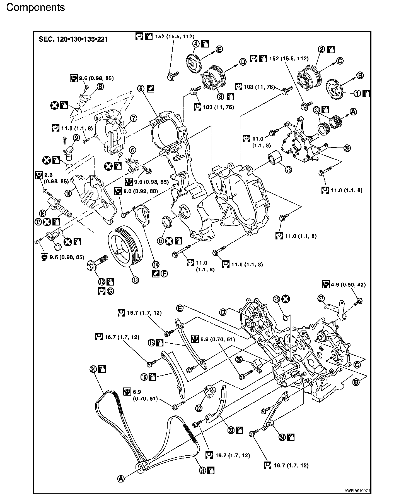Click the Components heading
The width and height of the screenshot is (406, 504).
[x=35, y=7]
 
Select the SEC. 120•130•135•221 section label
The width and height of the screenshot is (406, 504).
[x=73, y=39]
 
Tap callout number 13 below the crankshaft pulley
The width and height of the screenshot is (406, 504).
[x=136, y=280]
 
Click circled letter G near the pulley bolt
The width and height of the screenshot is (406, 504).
[x=110, y=291]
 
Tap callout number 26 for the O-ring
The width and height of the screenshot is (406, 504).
[x=276, y=299]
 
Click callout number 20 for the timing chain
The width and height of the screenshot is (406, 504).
[x=93, y=369]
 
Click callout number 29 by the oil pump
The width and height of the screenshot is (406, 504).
[x=347, y=148]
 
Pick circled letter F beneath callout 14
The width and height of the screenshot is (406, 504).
[x=164, y=274]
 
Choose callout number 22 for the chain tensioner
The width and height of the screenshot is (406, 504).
[x=199, y=408]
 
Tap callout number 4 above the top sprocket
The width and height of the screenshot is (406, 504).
[x=196, y=44]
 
